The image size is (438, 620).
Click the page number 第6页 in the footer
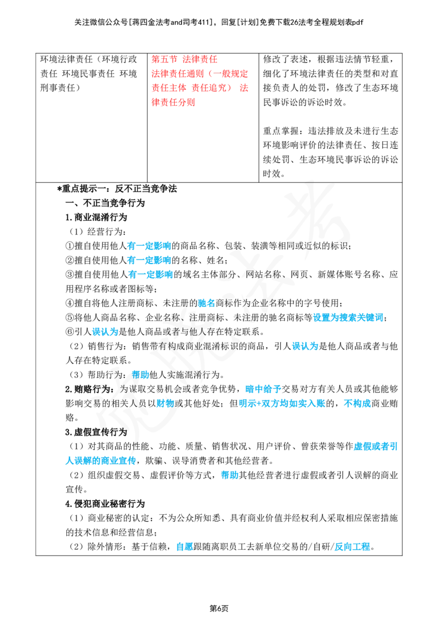(x=218, y=608)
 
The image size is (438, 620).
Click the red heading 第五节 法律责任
(x=184, y=59)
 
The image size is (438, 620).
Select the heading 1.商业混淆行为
(x=96, y=217)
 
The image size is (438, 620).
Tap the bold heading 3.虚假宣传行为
(x=96, y=432)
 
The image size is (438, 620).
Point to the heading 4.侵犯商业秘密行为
(x=105, y=504)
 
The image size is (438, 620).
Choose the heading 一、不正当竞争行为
(x=105, y=203)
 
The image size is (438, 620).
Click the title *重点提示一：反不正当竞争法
(x=117, y=188)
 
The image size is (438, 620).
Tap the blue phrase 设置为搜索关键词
(x=348, y=318)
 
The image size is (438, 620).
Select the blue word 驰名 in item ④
(x=206, y=303)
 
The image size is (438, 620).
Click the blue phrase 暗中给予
(x=263, y=389)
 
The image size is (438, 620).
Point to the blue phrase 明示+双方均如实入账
(x=282, y=403)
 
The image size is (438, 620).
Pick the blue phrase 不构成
(x=358, y=403)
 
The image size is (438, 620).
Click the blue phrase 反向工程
(x=352, y=547)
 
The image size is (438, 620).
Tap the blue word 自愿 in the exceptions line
(x=184, y=547)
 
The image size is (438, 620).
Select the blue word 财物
(x=165, y=403)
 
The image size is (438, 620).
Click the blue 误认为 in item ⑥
(x=105, y=332)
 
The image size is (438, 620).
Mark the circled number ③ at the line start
(x=70, y=274)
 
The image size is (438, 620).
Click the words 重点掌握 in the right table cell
(x=281, y=131)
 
